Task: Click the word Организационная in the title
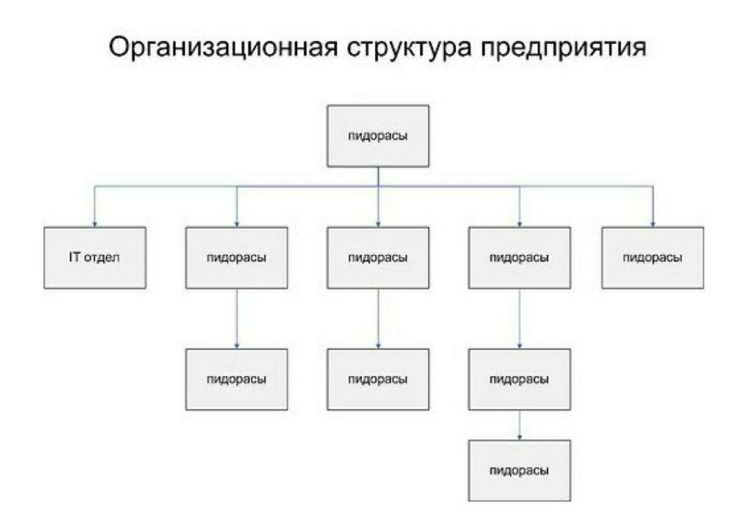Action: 223,48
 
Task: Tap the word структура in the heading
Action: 409,50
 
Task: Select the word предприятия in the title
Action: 563,50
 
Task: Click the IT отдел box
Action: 95,258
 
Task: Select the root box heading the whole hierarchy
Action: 378,136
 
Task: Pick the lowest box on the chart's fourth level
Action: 520,471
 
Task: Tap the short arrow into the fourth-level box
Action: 520,425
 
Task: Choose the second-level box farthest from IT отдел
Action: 653,258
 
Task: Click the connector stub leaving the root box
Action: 378,177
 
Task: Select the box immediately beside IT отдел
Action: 237,258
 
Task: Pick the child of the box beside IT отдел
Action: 237,380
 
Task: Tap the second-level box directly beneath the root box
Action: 378,258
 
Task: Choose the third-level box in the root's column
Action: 378,380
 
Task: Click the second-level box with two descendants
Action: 520,258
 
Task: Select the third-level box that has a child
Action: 520,380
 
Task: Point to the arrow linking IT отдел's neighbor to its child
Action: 237,319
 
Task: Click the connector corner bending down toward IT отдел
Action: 95,186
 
